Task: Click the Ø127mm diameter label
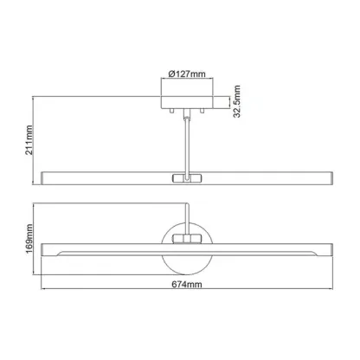tap(187, 74)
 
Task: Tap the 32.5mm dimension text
tap(237, 101)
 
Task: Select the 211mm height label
tap(29, 140)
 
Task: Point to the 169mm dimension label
tap(29, 239)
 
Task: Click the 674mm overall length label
tap(187, 285)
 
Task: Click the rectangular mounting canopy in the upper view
tap(187, 102)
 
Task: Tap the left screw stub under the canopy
tap(172, 111)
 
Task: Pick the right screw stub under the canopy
tap(202, 111)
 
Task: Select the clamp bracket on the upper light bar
tap(187, 178)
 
